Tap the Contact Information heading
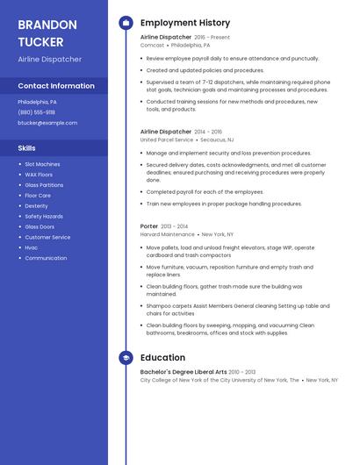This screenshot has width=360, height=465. [x=56, y=86]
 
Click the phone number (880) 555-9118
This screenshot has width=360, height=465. [x=36, y=112]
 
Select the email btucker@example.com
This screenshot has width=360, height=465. [x=47, y=123]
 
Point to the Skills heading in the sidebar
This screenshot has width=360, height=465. [x=26, y=147]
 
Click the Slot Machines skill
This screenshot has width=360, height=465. [x=42, y=164]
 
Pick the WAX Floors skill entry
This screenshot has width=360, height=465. [x=40, y=175]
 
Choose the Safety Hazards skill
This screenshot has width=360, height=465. [x=44, y=216]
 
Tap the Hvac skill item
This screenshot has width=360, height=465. [x=32, y=247]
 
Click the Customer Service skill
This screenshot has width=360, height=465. [x=47, y=237]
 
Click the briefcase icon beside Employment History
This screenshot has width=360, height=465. [x=126, y=23]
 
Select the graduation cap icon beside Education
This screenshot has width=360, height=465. [x=126, y=358]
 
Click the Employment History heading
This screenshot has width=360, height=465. [x=185, y=23]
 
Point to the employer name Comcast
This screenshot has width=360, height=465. [x=152, y=45]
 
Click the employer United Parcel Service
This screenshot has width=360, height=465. [x=166, y=139]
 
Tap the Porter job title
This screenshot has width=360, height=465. [x=149, y=226]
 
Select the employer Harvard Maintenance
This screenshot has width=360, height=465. [x=167, y=234]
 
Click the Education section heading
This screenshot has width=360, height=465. [x=162, y=358]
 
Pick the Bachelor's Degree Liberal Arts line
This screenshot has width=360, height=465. [x=184, y=372]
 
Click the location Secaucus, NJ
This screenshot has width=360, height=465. [x=217, y=139]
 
